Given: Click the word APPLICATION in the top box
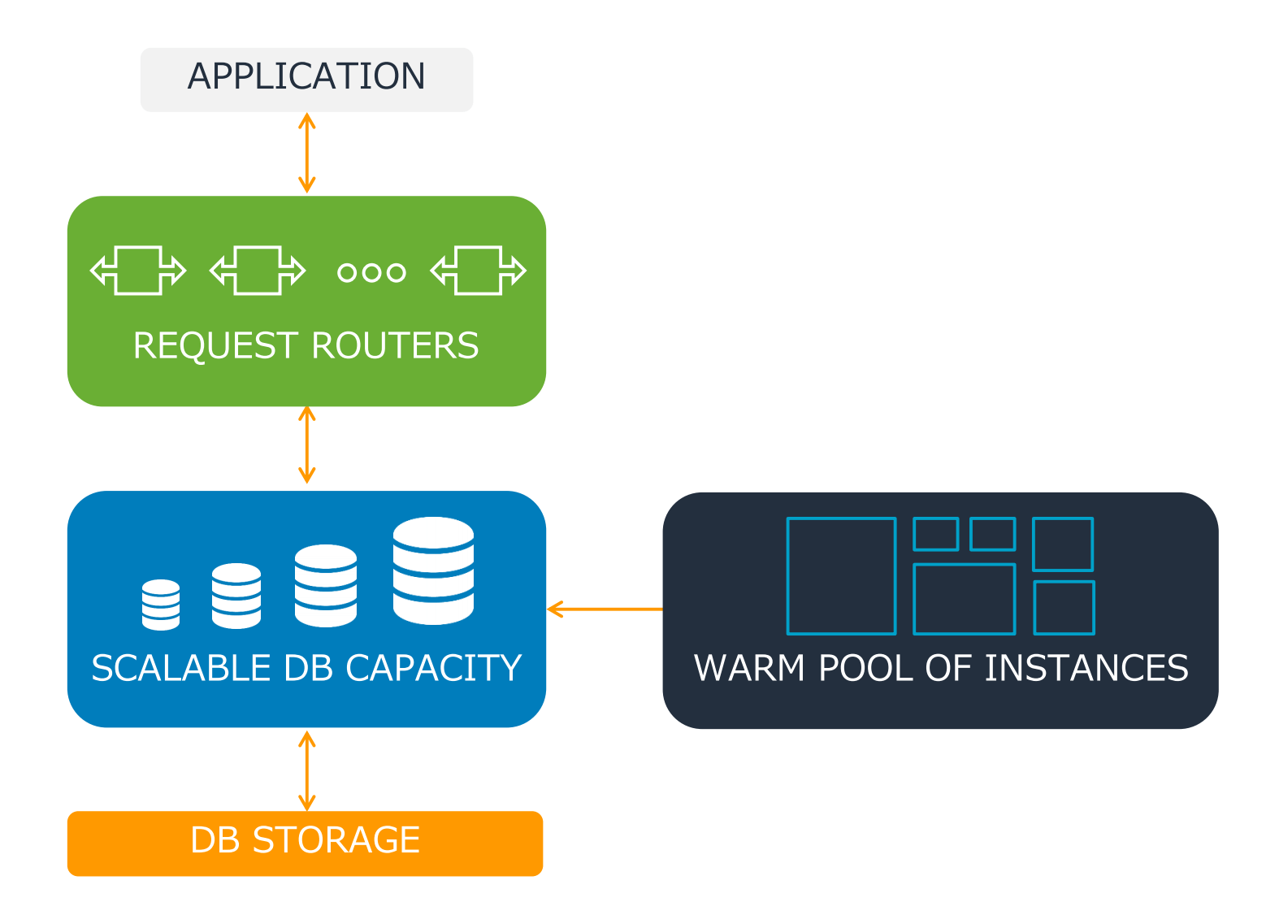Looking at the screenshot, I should tap(306, 77).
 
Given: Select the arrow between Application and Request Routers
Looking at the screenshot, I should tap(306, 153).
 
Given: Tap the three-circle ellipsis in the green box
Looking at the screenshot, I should tap(371, 273).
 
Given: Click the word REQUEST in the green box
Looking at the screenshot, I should tap(216, 346).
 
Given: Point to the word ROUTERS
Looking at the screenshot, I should tap(396, 346).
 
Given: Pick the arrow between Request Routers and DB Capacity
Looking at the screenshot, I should tap(306, 445).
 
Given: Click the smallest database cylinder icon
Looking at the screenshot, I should tap(161, 605).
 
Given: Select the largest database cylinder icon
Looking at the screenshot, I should tap(433, 571).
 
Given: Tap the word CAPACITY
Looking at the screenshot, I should tap(434, 669).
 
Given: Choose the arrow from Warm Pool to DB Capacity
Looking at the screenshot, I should tap(605, 609).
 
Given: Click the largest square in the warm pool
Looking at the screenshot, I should tap(841, 576).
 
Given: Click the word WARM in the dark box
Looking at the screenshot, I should tap(749, 669).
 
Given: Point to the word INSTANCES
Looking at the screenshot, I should tap(1086, 669).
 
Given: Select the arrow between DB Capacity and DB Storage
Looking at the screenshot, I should tap(306, 770).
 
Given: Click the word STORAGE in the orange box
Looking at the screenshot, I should tap(336, 840).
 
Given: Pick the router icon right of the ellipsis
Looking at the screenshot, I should tap(479, 271).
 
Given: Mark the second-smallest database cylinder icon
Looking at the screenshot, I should tap(236, 596).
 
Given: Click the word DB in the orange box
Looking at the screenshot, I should tap(215, 840).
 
